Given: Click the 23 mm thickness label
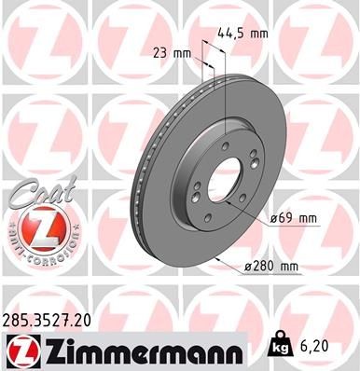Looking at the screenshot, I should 166,53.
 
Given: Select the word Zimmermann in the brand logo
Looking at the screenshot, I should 136,350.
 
